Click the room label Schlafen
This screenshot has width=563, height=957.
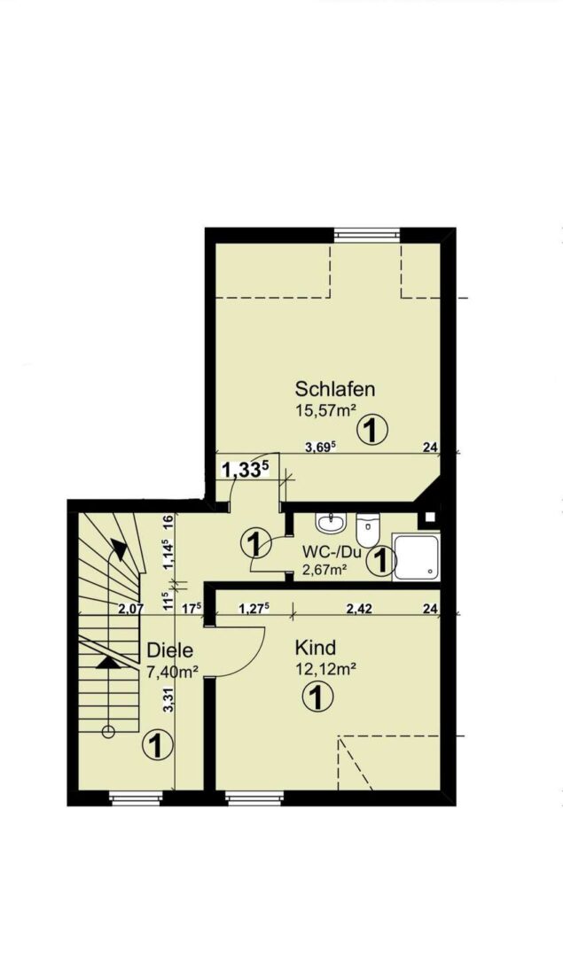pos(335,388)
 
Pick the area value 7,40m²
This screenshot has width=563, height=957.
pos(172,672)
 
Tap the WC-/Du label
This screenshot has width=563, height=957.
pos(330,552)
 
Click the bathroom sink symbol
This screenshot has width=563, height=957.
pos(333,524)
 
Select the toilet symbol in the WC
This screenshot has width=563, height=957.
pos(368,531)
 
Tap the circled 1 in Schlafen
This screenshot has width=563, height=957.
pos(373,431)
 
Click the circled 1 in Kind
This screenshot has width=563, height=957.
pos(317,699)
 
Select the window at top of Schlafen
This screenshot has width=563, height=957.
pos(364,235)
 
